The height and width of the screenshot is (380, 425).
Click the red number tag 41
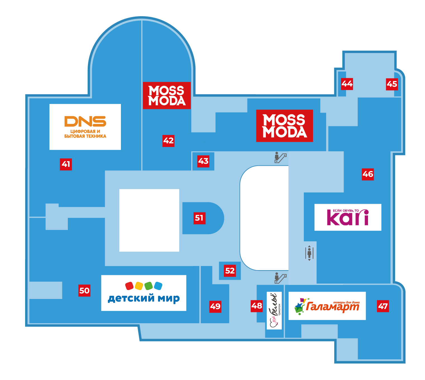pos(66,164)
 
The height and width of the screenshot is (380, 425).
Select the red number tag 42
pos(168,141)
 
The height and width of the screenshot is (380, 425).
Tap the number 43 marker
pos(203,161)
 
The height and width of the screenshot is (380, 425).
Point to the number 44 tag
pos(347,84)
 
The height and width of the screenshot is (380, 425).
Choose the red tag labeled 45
pos(392,84)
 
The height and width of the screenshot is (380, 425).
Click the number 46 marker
pos(368,174)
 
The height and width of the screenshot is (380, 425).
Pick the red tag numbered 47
pos(383,306)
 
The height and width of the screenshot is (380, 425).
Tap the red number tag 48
pos(257,306)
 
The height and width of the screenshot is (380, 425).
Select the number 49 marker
pos(215,307)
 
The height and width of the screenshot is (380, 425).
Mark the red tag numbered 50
pos(84,291)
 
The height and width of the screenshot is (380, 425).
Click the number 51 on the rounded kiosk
pos(199,218)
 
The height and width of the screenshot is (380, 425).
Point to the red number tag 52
pos(230,270)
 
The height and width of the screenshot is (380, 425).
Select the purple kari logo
pos(348,217)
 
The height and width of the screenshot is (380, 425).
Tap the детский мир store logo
pos(144,293)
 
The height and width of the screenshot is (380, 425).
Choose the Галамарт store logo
pos(327,306)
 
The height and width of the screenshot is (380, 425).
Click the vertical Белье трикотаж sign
pos(274,310)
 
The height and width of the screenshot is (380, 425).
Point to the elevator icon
pos(309,253)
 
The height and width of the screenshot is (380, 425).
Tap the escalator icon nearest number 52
pos(281,278)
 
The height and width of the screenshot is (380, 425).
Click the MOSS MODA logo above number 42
pos(167,95)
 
